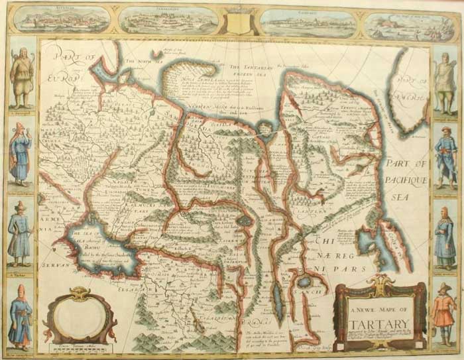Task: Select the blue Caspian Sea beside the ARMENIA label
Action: click(x=99, y=249)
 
